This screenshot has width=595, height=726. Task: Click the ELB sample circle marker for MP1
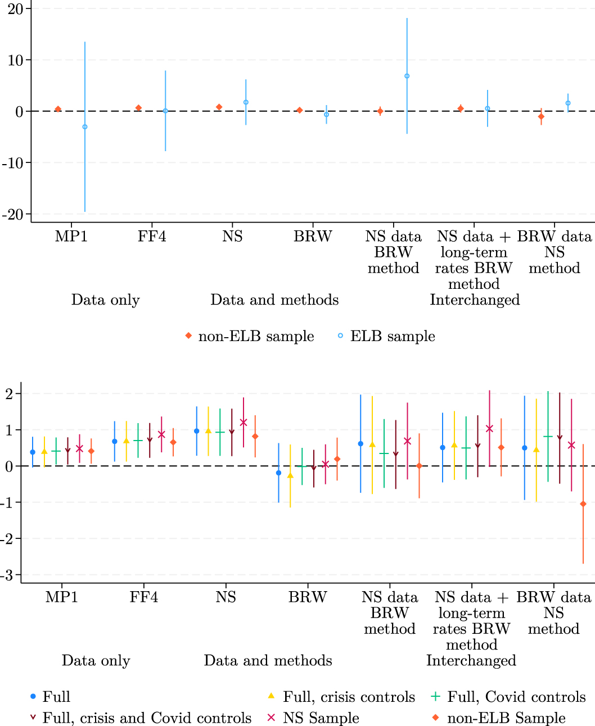pyautogui.click(x=85, y=127)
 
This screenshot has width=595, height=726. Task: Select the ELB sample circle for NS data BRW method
pyautogui.click(x=407, y=76)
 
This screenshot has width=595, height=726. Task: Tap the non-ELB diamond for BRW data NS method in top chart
pyautogui.click(x=541, y=117)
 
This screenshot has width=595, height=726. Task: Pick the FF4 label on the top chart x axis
pyautogui.click(x=152, y=237)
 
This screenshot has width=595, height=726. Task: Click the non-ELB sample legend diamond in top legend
pyautogui.click(x=188, y=336)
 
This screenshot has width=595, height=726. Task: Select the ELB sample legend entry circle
pyautogui.click(x=340, y=336)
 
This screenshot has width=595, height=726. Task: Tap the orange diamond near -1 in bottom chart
pyautogui.click(x=583, y=504)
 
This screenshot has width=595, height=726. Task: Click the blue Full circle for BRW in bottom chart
pyautogui.click(x=278, y=473)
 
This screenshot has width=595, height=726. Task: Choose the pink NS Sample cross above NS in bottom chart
pyautogui.click(x=244, y=423)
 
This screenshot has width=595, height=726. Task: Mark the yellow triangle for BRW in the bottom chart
pyautogui.click(x=290, y=475)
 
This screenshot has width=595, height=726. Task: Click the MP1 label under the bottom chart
pyautogui.click(x=62, y=597)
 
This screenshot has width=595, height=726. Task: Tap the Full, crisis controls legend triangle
pyautogui.click(x=272, y=696)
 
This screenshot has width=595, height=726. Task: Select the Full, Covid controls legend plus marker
pyautogui.click(x=435, y=697)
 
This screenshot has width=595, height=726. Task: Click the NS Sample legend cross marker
pyautogui.click(x=272, y=718)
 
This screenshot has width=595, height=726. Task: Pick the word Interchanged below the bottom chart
pyautogui.click(x=471, y=661)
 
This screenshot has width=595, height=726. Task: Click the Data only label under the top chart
pyautogui.click(x=105, y=300)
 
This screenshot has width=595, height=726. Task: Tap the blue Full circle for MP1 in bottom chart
pyautogui.click(x=33, y=452)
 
